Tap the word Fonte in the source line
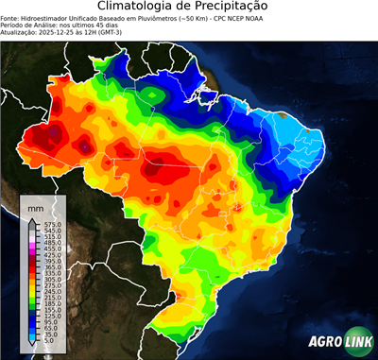point(10,17)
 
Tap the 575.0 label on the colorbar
point(53,224)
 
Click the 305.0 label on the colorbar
point(53,280)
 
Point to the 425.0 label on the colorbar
point(53,255)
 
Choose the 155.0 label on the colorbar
point(53,311)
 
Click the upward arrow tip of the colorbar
point(31,219)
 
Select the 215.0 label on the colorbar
point(53,299)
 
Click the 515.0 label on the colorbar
point(53,236)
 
